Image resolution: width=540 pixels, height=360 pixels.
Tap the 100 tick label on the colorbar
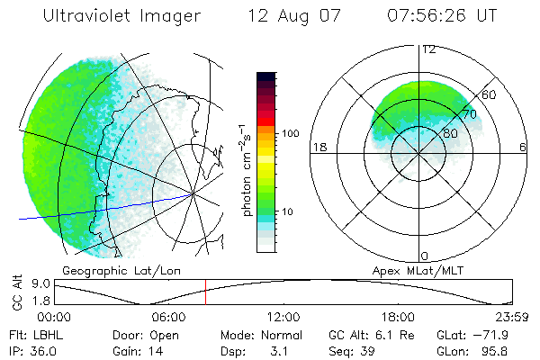290,133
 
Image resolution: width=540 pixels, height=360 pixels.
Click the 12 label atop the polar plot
429,49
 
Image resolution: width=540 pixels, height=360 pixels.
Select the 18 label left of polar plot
319,148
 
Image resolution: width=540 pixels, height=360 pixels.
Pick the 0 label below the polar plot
425,256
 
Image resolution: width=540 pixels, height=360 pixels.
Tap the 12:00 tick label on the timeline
283,317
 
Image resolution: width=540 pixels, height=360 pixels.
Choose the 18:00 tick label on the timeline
398,317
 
